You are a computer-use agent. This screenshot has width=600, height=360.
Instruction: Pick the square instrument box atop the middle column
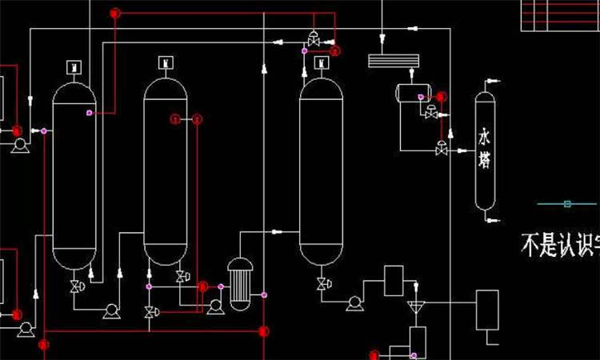click(x=166, y=61)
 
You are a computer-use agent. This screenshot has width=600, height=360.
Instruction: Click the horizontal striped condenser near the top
click(x=393, y=59)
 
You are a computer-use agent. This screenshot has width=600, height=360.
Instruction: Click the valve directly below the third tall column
click(x=322, y=284)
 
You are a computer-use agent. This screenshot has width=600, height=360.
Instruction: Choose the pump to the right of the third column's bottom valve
click(x=353, y=302)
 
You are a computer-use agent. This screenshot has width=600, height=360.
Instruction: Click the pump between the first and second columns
click(x=111, y=310)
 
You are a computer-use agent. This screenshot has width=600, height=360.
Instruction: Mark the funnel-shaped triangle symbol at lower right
click(x=414, y=306)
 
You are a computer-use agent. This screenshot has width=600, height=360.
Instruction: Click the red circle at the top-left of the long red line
click(x=115, y=13)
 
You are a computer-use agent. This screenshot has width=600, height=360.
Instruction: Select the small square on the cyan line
click(x=567, y=204)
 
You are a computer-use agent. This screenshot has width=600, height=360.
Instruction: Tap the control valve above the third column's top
click(x=313, y=37)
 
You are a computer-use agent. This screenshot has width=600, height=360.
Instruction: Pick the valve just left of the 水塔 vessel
click(x=441, y=149)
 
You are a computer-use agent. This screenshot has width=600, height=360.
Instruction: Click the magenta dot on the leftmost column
click(x=90, y=113)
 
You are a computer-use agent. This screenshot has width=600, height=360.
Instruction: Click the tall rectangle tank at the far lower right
click(x=487, y=310)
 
